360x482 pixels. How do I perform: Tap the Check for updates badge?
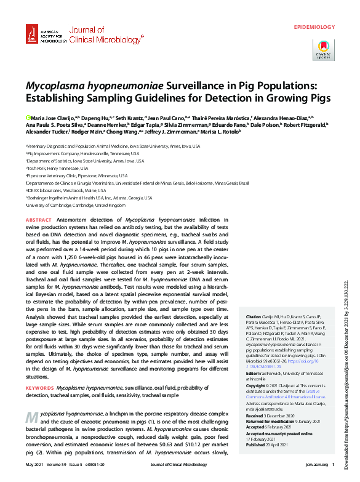coord(323,49)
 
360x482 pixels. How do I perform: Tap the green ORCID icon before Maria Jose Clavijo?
coord(28,116)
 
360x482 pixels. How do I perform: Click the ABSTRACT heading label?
coord(39,220)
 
